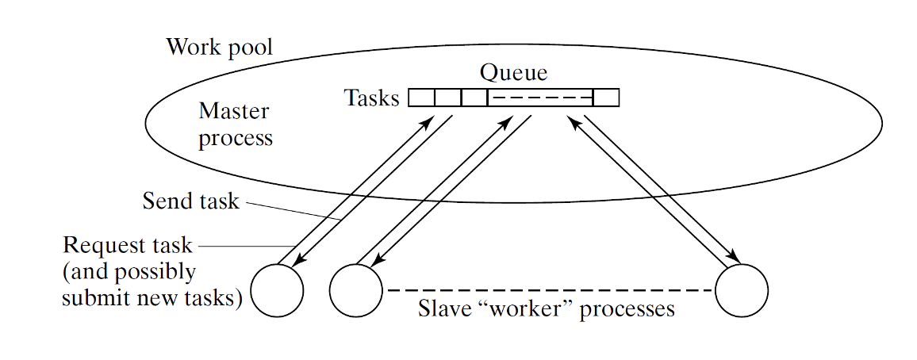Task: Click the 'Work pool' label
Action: [219, 48]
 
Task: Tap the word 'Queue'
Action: [513, 73]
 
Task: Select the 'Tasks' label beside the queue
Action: [371, 98]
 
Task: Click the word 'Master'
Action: [233, 112]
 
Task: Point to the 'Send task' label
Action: [190, 201]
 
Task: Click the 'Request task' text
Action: [127, 245]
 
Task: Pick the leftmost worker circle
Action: [277, 290]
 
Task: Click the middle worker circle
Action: [355, 290]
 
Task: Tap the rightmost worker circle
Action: [741, 290]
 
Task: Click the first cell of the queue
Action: [421, 98]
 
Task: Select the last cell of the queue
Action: [606, 98]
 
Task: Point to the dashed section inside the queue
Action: [539, 98]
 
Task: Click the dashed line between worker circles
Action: [547, 290]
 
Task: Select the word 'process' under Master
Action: [235, 139]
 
